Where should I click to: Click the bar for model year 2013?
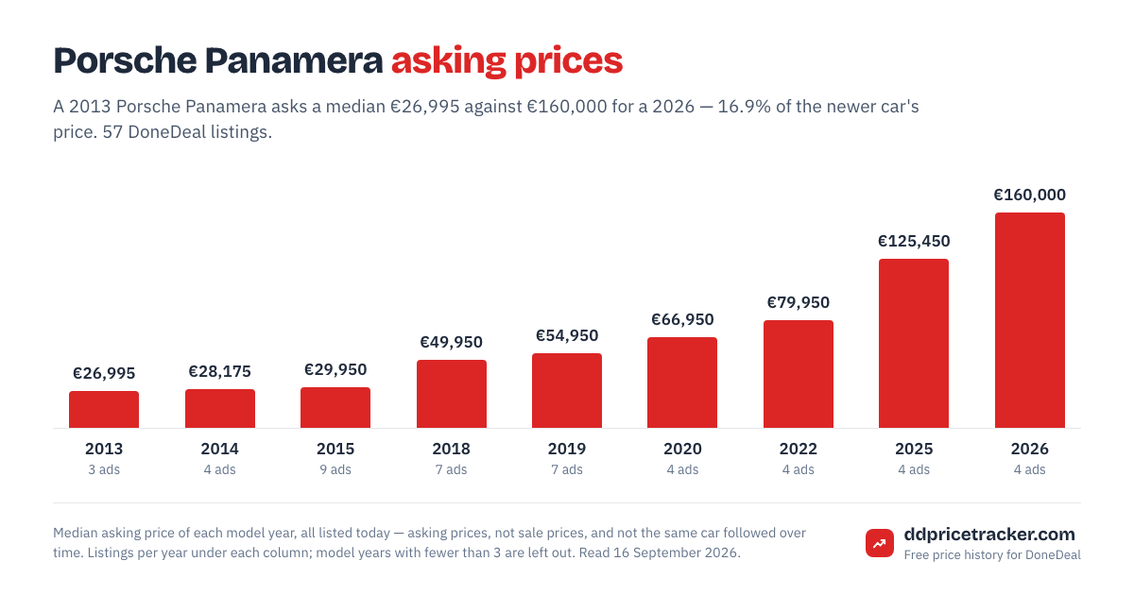click(104, 409)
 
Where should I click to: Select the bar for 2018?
click(452, 394)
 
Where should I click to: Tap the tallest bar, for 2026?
click(1030, 320)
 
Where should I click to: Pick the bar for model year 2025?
click(914, 344)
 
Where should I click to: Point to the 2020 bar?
click(682, 382)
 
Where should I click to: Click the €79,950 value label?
click(799, 302)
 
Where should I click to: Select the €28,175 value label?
click(219, 372)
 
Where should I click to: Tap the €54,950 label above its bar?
click(567, 336)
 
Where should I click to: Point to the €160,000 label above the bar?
click(1030, 195)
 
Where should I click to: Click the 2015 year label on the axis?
click(335, 449)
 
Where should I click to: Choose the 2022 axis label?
click(799, 449)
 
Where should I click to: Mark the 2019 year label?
click(567, 449)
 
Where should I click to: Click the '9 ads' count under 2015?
click(335, 470)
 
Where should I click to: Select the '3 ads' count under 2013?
click(104, 470)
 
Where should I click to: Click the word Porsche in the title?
click(125, 60)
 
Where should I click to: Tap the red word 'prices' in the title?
click(569, 61)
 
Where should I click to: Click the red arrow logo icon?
click(880, 543)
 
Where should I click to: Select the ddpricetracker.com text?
click(989, 535)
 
